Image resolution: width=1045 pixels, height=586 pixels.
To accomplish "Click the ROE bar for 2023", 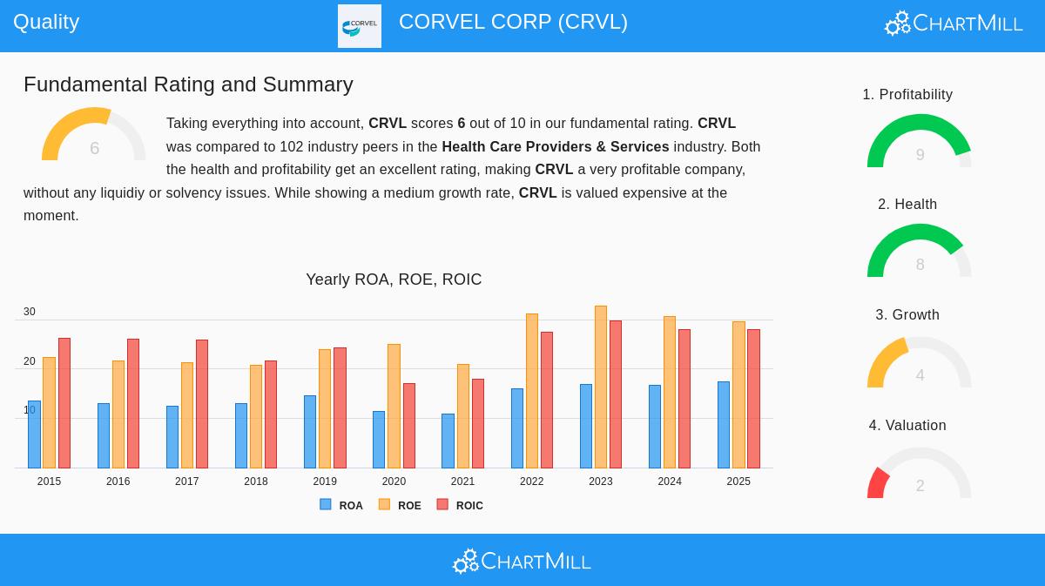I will [x=601, y=387].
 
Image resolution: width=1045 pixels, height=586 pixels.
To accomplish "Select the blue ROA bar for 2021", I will [x=448, y=441].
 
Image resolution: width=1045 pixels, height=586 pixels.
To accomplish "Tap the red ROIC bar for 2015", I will [x=64, y=403].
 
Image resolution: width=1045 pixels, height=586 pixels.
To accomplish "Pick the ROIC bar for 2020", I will [x=409, y=426].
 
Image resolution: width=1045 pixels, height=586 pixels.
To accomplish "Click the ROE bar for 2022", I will [x=532, y=391].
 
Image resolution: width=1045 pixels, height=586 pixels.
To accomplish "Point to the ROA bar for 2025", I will [x=724, y=425].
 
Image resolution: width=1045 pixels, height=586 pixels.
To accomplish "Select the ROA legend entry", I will [x=341, y=505].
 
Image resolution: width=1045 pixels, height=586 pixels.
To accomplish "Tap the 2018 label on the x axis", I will [x=256, y=482].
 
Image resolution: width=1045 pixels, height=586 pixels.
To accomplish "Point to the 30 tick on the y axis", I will [x=30, y=312].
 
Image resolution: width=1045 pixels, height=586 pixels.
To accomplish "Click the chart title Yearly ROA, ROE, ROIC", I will [x=394, y=280].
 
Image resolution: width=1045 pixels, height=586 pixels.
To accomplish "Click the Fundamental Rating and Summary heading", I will [x=188, y=84].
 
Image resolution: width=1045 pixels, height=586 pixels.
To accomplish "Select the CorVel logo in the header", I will [x=360, y=26].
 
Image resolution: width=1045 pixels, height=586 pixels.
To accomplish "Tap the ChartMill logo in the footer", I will [x=522, y=562].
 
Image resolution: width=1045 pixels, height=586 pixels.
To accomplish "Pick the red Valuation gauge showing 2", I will [x=920, y=475].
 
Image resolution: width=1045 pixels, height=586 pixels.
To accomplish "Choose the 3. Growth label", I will [x=907, y=315].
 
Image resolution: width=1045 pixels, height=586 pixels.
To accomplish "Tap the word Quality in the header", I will [x=46, y=22].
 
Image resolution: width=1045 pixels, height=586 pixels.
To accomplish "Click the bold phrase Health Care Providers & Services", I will [x=556, y=147].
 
